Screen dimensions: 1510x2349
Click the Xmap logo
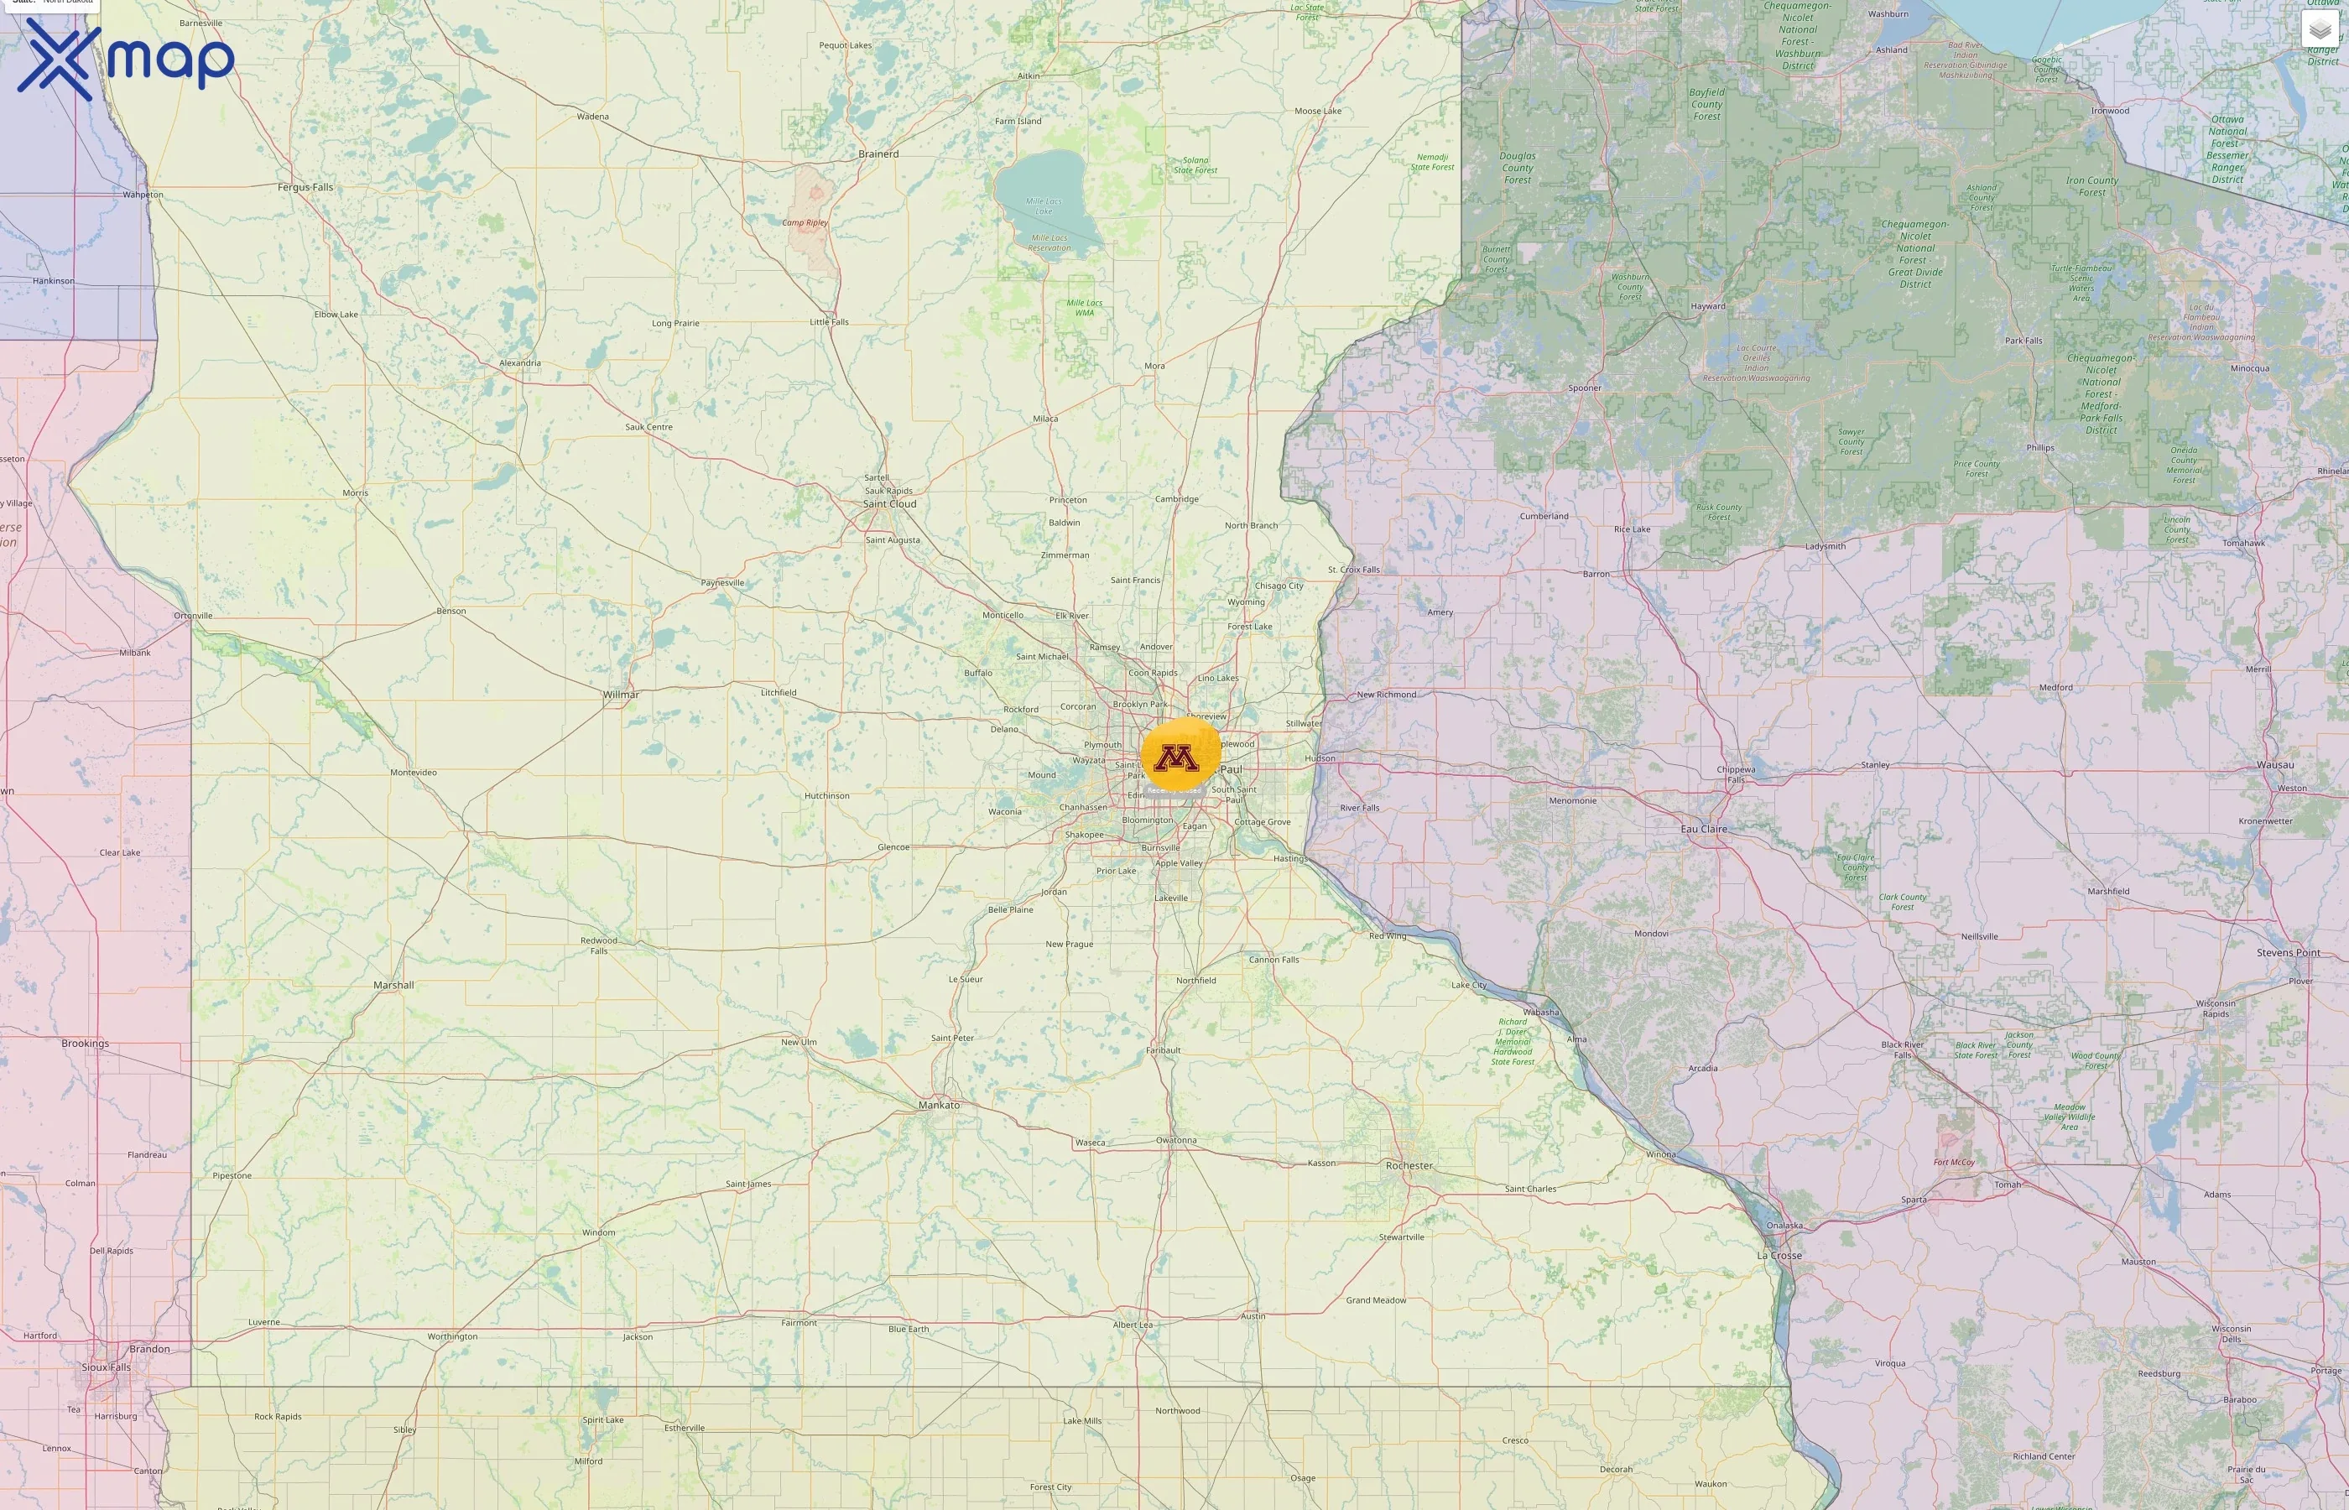pyautogui.click(x=126, y=60)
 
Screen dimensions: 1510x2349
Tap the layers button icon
pyautogui.click(x=2320, y=29)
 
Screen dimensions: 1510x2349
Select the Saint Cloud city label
pyautogui.click(x=889, y=504)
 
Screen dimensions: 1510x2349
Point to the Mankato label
pyautogui.click(x=940, y=1105)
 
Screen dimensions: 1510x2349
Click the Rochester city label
pyautogui.click(x=1409, y=1166)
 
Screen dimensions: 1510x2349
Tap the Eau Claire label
pyautogui.click(x=1704, y=830)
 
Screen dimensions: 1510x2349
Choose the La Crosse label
pyautogui.click(x=1779, y=1255)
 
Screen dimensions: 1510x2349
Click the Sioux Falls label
pyautogui.click(x=106, y=1367)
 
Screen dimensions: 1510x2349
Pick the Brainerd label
pyautogui.click(x=878, y=154)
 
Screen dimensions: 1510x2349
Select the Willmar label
pyautogui.click(x=621, y=695)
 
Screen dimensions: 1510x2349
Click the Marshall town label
pyautogui.click(x=393, y=986)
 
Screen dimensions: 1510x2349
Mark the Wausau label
pyautogui.click(x=2274, y=765)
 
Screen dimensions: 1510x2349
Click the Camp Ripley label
pyautogui.click(x=805, y=222)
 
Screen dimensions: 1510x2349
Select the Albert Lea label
pyautogui.click(x=1133, y=1325)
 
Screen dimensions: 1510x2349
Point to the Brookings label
pyautogui.click(x=86, y=1044)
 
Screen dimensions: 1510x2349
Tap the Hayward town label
pyautogui.click(x=1707, y=306)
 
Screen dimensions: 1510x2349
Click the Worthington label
pyautogui.click(x=452, y=1336)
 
